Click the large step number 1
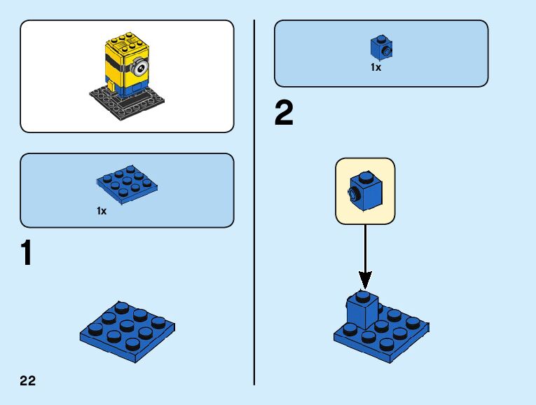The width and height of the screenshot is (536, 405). (x=27, y=254)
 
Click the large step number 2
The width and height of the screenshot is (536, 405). (x=284, y=114)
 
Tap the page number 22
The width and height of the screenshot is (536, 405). (x=28, y=381)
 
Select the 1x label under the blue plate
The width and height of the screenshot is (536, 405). (x=102, y=211)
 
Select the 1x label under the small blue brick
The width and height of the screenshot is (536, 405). (x=376, y=68)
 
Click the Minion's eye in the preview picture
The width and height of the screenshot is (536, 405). (x=142, y=69)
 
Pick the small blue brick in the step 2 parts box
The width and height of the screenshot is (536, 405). (x=380, y=48)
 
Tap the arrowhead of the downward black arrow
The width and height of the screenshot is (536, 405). (x=364, y=280)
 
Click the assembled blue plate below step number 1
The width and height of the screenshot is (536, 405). (x=127, y=330)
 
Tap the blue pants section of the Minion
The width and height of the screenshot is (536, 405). (x=130, y=88)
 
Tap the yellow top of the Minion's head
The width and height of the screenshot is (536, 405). (x=123, y=41)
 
